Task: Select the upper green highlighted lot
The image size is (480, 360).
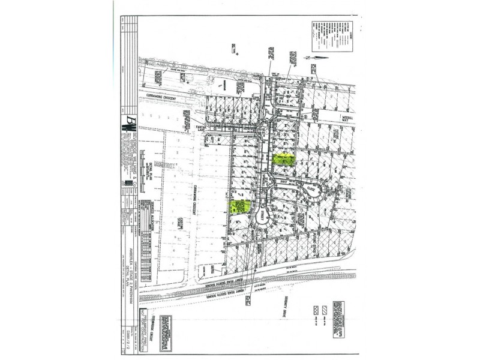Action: tap(283, 159)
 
